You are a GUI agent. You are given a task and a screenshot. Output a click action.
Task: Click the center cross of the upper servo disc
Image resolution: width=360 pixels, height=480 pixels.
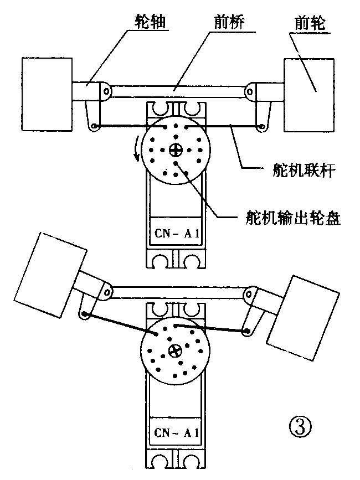(x=176, y=149)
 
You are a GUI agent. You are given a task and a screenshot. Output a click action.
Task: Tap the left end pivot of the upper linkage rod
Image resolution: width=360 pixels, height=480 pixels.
(x=95, y=127)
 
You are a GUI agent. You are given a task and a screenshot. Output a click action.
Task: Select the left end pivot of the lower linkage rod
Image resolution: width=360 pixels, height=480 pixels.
(x=84, y=314)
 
